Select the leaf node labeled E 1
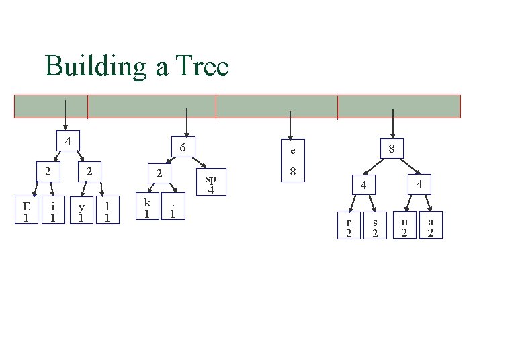coord(26,211)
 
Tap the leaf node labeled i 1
coord(52,211)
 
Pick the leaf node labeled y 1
coord(81,211)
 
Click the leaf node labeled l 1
coord(107,211)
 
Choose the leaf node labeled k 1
coord(146,207)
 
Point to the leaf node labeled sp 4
coord(211,183)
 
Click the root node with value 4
coord(67,140)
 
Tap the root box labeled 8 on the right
coord(392,148)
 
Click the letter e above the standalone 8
coord(293,149)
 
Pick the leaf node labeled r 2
coord(348,227)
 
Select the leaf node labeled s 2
coord(375,227)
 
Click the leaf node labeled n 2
coord(404,226)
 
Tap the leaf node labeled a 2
coord(431,226)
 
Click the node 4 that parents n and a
coord(419,183)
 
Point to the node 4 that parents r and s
coord(362,185)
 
